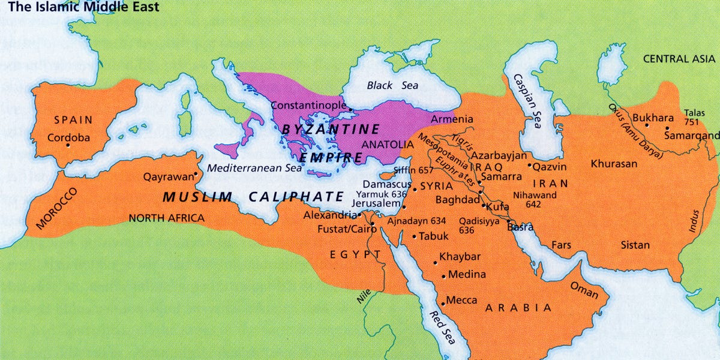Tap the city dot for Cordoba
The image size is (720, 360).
point(68,145)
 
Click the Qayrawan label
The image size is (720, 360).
point(169,177)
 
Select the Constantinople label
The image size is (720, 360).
point(308,105)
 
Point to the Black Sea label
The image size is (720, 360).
point(392,85)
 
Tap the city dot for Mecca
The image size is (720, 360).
point(443,301)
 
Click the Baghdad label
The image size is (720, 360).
point(457,199)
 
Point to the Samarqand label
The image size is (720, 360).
point(691,136)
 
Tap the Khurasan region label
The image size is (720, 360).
point(614,164)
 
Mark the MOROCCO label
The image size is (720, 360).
point(57,209)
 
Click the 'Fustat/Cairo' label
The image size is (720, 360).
point(343,229)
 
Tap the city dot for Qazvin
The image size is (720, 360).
point(529,165)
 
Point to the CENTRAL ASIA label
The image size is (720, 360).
point(679,59)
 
